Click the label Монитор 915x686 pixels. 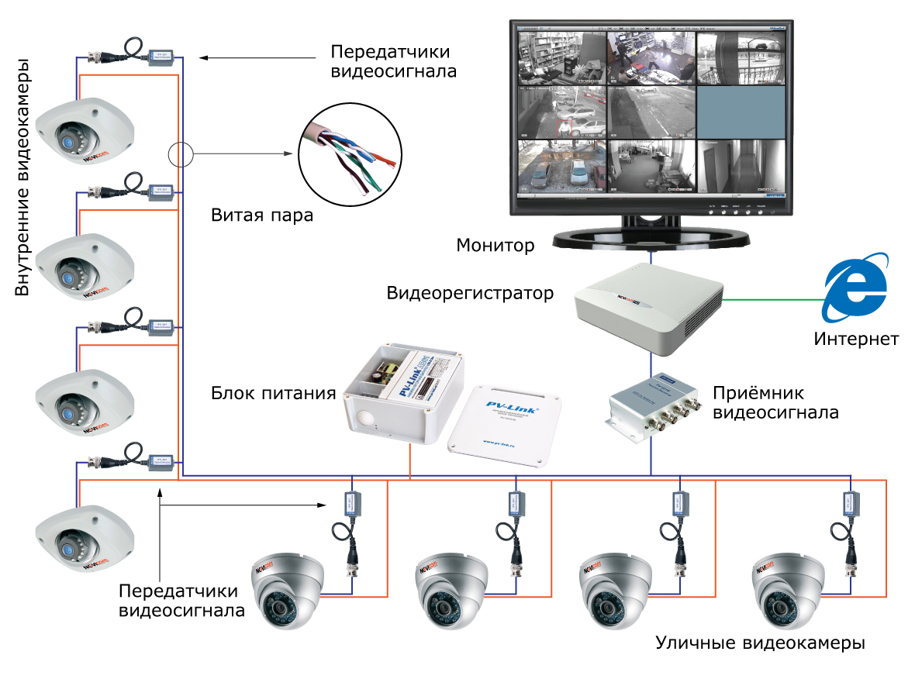(x=495, y=246)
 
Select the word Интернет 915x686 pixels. (x=856, y=339)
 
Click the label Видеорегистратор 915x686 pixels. (x=470, y=294)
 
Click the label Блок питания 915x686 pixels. (x=273, y=393)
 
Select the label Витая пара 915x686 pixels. (x=262, y=215)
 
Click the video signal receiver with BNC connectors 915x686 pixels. (x=651, y=405)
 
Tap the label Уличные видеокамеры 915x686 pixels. (x=760, y=644)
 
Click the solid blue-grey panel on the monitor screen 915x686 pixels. (x=741, y=112)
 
